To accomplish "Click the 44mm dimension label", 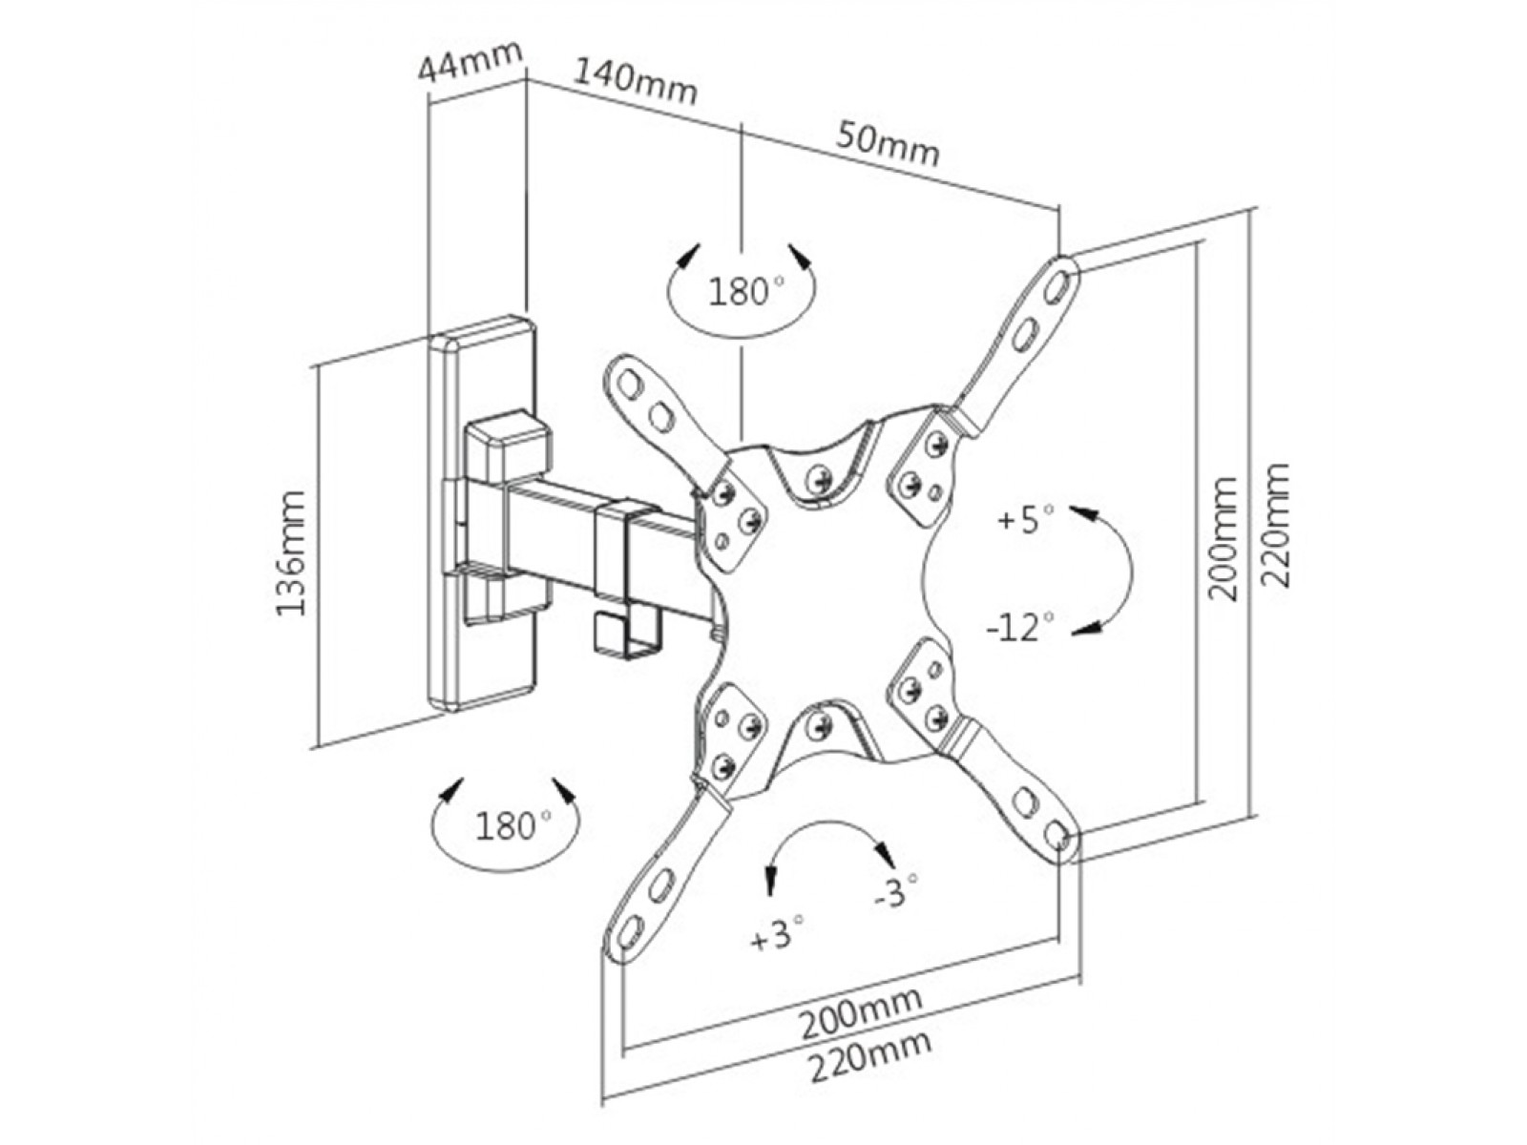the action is point(470,60).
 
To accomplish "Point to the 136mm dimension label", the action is point(291,552).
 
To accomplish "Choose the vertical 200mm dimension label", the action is point(1223,539).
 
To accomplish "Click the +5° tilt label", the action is point(1025,519).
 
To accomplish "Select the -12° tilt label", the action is point(1020,628).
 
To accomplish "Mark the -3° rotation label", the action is point(897,890).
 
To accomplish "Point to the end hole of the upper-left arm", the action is point(629,383).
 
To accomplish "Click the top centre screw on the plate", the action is point(823,477).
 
